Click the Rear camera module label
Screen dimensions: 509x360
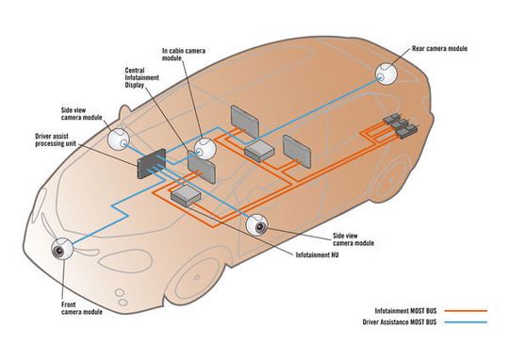coord(439,49)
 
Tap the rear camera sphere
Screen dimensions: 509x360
coord(386,74)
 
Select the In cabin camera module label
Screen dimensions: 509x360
coord(184,55)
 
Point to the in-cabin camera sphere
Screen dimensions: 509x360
coord(205,149)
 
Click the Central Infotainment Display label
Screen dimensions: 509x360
coord(141,77)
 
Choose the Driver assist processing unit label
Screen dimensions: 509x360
coord(56,139)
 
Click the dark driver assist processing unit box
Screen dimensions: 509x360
coord(151,164)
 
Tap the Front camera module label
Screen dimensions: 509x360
coord(81,308)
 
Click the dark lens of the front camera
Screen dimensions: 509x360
coord(58,252)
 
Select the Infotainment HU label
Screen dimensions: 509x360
coord(317,254)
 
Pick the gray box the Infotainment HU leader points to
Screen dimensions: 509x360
coord(186,196)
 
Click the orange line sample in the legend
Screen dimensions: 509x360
coord(466,311)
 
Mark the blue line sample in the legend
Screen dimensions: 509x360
coord(466,322)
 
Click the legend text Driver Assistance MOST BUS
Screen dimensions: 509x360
coord(400,322)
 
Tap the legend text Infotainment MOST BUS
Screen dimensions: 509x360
coord(405,311)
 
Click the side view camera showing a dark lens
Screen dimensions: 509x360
coord(256,225)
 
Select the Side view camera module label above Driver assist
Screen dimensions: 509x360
coord(81,114)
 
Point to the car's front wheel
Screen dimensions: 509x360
coord(197,280)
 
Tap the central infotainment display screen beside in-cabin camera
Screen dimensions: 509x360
coord(202,167)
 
